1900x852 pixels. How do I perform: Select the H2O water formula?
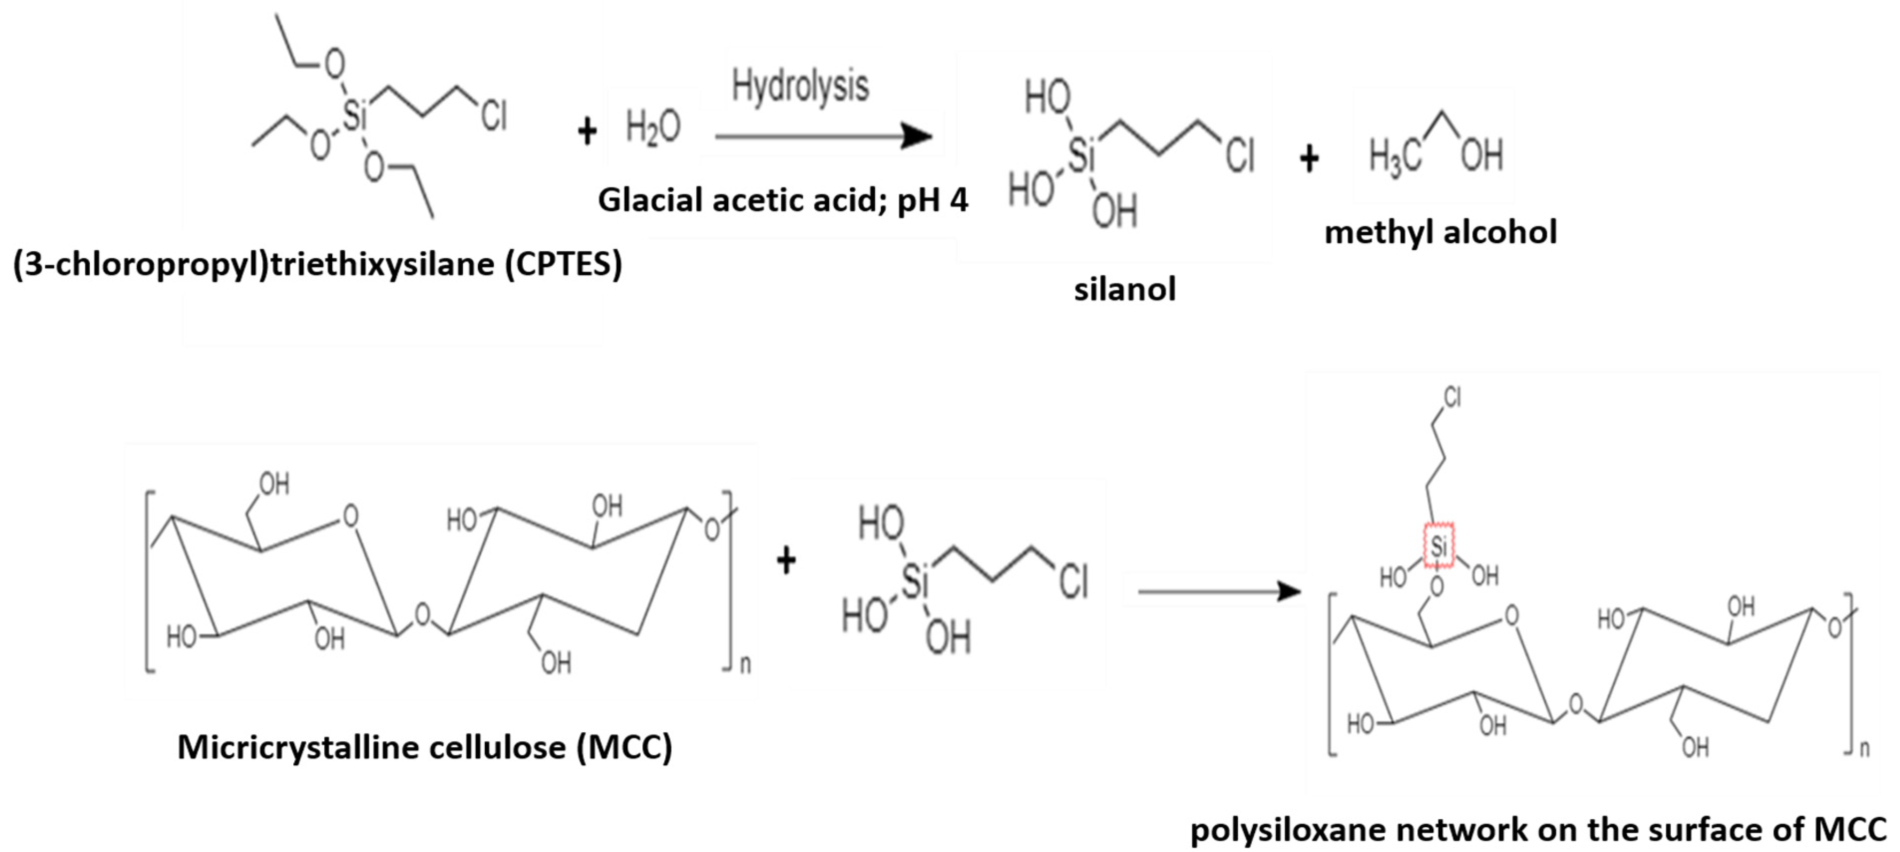[653, 128]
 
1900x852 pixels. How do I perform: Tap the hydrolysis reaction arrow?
[822, 137]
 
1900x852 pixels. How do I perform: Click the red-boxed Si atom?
[1438, 546]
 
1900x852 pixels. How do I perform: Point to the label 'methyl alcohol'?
[1441, 232]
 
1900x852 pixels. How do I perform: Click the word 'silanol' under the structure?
[1124, 289]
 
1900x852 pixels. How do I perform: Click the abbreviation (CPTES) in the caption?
[564, 265]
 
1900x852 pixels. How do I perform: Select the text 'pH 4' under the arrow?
[933, 200]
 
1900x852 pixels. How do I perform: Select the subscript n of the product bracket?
[1864, 749]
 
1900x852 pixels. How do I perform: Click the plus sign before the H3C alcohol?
[1309, 159]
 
